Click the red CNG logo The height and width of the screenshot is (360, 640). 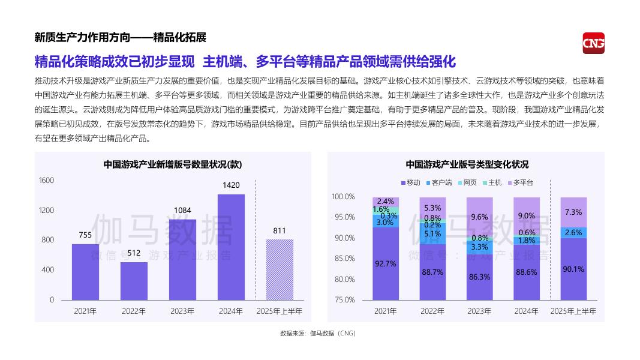(593, 43)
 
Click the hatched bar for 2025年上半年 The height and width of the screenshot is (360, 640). (280, 269)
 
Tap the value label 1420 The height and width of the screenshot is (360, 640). (231, 185)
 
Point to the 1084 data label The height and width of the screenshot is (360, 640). (182, 210)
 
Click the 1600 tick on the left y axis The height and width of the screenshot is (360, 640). (47, 181)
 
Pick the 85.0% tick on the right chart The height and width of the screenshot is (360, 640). (344, 259)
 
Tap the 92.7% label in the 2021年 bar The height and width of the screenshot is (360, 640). (386, 263)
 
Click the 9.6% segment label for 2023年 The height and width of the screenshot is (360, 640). (479, 217)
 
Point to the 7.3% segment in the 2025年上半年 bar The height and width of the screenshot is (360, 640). (573, 212)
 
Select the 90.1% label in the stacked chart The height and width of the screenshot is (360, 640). (573, 269)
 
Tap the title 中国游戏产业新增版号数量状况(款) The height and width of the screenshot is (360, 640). (173, 164)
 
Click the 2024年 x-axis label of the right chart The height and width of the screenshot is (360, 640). (526, 311)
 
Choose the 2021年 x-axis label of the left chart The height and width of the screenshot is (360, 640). (85, 311)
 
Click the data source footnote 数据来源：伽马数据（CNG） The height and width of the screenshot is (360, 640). (318, 333)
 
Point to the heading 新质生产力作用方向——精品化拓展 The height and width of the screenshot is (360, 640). (121, 38)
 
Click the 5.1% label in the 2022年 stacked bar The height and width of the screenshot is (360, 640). (432, 234)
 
